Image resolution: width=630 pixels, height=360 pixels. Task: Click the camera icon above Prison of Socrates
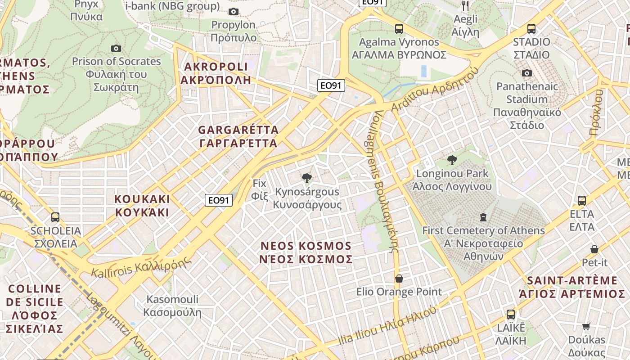pyautogui.click(x=116, y=48)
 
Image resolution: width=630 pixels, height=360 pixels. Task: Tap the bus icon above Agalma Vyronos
pyautogui.click(x=399, y=29)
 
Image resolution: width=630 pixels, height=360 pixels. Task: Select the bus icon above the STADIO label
pyautogui.click(x=531, y=29)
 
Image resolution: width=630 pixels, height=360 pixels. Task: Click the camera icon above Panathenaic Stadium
pyautogui.click(x=526, y=73)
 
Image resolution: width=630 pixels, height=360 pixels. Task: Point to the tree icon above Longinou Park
pyautogui.click(x=452, y=160)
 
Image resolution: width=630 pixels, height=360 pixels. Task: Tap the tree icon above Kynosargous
pyautogui.click(x=307, y=178)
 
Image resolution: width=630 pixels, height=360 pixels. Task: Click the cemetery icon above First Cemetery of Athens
pyautogui.click(x=483, y=217)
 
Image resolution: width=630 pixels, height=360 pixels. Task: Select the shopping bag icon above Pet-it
pyautogui.click(x=594, y=249)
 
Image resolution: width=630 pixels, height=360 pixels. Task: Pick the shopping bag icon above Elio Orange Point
pyautogui.click(x=399, y=279)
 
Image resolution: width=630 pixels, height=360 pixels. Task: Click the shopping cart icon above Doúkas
pyautogui.click(x=586, y=326)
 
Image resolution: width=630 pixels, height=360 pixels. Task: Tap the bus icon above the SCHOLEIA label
pyautogui.click(x=55, y=217)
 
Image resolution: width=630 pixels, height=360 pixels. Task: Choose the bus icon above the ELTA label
pyautogui.click(x=581, y=201)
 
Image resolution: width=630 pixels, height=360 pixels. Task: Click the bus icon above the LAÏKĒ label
pyautogui.click(x=510, y=314)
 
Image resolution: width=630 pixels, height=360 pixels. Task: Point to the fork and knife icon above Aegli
pyautogui.click(x=465, y=6)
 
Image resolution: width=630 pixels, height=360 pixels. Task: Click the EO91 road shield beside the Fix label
pyautogui.click(x=219, y=200)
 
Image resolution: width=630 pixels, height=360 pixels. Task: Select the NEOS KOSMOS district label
pyautogui.click(x=306, y=252)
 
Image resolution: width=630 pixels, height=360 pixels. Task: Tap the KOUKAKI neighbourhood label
pyautogui.click(x=142, y=205)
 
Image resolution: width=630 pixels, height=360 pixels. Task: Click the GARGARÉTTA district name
pyautogui.click(x=238, y=136)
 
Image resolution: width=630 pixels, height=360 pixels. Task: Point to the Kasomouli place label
pyautogui.click(x=172, y=306)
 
